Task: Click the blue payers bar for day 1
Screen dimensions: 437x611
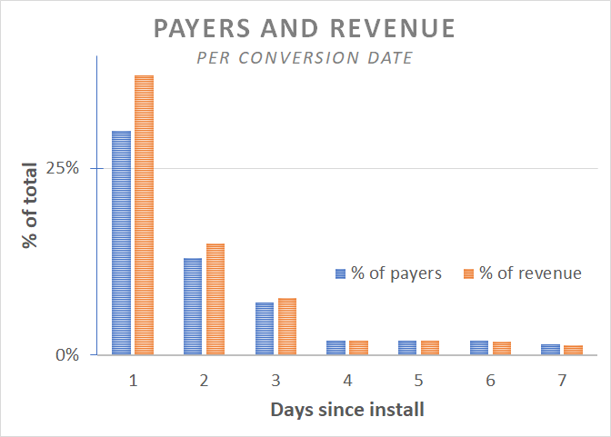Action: (121, 243)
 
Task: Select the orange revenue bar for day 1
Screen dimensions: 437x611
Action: (144, 214)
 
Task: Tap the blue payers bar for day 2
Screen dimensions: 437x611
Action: (193, 306)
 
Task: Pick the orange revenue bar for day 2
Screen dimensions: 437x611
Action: (215, 299)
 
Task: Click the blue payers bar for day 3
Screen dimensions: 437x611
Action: (265, 328)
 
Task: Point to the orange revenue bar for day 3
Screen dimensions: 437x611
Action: (287, 326)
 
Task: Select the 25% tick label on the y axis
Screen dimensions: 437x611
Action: (64, 169)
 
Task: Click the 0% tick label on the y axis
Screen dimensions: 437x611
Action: (68, 355)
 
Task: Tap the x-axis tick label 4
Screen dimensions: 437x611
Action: (347, 381)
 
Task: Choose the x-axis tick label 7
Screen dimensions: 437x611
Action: (563, 381)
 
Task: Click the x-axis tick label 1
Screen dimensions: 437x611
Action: (133, 381)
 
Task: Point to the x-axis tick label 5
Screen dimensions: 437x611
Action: (419, 381)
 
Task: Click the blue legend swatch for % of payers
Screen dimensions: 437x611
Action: (341, 273)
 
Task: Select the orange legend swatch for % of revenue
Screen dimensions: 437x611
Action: (469, 273)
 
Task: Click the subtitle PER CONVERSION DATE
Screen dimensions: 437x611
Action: (305, 58)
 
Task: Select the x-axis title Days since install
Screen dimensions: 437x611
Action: (346, 410)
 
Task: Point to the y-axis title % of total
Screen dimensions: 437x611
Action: (30, 206)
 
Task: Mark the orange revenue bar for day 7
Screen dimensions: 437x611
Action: (573, 350)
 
